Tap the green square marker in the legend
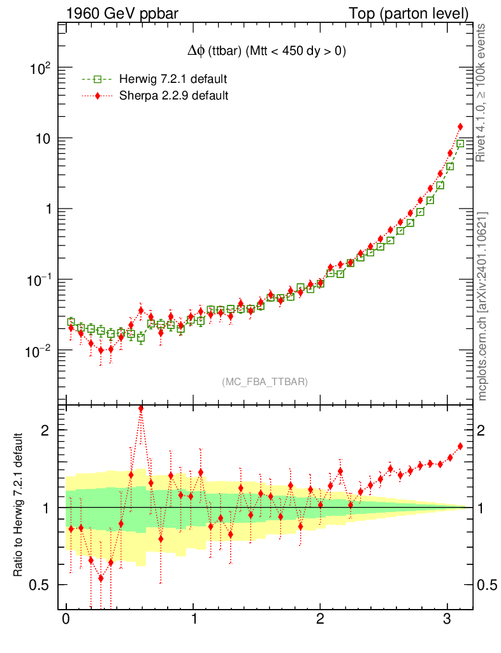click(97, 80)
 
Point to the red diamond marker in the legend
click(97, 96)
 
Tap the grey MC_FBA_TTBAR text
click(265, 382)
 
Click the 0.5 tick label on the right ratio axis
click(488, 585)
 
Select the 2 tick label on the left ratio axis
click(45, 430)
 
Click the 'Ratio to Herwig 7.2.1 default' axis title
click(18, 506)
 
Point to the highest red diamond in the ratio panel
click(141, 409)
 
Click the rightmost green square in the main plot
click(460, 144)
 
